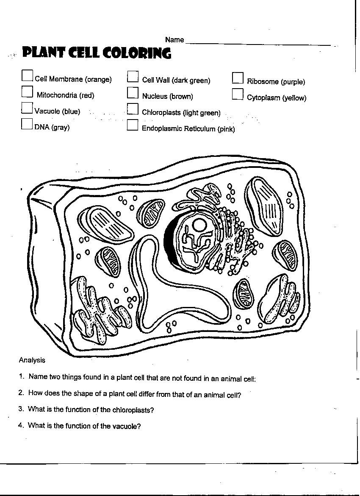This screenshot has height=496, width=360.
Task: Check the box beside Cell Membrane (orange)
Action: click(27, 75)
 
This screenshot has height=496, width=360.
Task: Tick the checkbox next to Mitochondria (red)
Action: click(27, 92)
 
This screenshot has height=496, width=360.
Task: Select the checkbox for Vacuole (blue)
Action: click(27, 108)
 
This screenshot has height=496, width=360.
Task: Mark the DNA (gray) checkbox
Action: click(27, 123)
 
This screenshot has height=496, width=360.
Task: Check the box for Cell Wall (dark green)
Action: click(133, 76)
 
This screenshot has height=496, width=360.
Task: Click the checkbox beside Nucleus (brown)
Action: click(133, 92)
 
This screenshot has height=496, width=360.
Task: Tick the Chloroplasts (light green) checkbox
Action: click(133, 109)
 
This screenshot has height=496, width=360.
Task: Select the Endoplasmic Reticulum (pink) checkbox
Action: click(133, 125)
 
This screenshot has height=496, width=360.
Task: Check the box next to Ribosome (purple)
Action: click(238, 78)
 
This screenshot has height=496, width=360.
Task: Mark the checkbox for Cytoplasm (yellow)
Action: click(238, 94)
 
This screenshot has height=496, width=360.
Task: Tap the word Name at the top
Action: click(174, 40)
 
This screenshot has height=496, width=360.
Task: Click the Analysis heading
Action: click(32, 360)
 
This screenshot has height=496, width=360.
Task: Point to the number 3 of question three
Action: click(20, 409)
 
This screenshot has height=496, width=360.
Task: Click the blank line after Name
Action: click(258, 44)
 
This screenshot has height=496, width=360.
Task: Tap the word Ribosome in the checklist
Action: click(263, 82)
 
